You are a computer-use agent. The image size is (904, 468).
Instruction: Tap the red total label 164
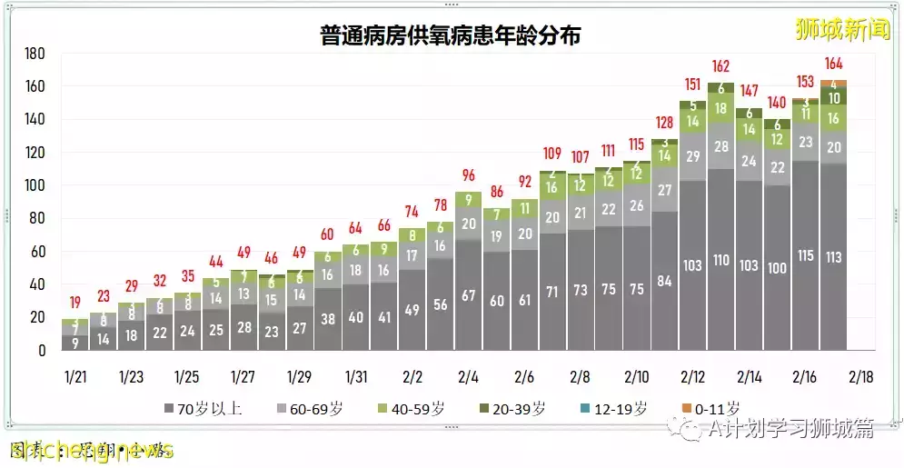point(834,64)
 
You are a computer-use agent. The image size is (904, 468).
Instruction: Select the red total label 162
point(721,65)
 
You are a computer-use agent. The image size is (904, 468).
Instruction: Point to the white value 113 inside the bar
point(833,256)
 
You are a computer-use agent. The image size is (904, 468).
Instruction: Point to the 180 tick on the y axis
point(35,54)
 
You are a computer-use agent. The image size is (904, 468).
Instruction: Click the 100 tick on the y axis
point(35,185)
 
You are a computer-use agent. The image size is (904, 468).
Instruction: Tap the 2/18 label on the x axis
point(860,376)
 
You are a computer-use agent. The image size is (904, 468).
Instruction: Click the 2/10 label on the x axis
point(637,376)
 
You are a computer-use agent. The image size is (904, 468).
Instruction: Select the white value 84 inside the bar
point(665,281)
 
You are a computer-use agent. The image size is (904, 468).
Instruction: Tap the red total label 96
point(469,175)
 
